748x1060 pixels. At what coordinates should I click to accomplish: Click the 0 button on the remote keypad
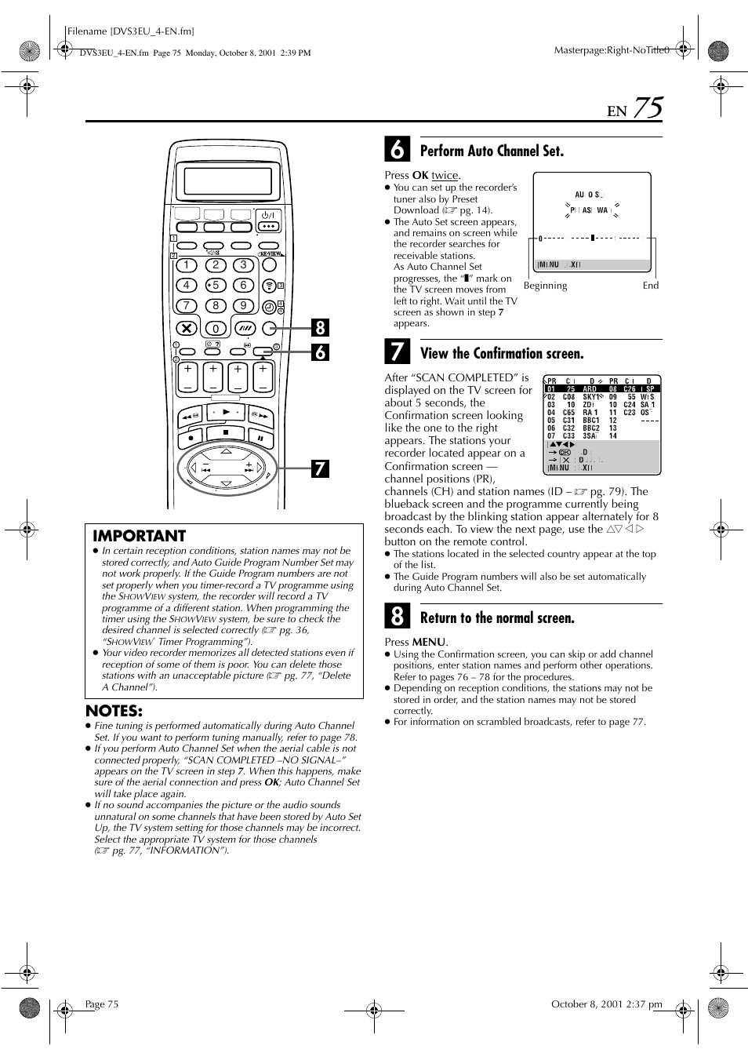216,329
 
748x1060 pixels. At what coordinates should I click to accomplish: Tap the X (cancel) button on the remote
186,328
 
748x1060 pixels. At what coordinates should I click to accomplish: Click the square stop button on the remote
227,432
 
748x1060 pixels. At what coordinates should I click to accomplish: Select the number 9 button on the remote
244,306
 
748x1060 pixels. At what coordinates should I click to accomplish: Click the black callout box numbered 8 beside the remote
320,327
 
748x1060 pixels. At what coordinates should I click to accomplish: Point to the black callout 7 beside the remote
320,469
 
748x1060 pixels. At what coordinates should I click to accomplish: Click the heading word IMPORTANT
139,536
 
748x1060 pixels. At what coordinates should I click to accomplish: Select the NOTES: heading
114,711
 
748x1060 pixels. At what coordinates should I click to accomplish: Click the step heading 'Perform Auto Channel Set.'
492,151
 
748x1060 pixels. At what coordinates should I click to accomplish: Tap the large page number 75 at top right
648,108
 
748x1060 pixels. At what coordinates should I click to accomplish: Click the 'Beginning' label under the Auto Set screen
545,286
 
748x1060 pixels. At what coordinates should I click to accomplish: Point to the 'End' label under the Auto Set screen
651,286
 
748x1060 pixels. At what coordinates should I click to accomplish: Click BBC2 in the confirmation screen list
591,428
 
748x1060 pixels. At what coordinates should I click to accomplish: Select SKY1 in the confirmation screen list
591,397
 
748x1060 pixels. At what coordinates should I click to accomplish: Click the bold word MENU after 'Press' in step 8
429,642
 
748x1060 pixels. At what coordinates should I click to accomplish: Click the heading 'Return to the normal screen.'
497,618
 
